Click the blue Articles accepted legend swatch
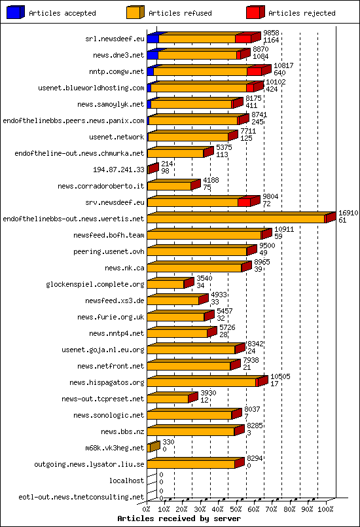15,12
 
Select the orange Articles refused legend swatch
134,12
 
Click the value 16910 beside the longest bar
348,213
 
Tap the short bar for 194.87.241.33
153,169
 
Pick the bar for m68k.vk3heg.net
153,447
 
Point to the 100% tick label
325,509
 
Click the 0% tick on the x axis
147,509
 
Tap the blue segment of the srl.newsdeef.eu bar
153,39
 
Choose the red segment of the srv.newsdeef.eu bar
244,202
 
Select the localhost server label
126,481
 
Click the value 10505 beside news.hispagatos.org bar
280,377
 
